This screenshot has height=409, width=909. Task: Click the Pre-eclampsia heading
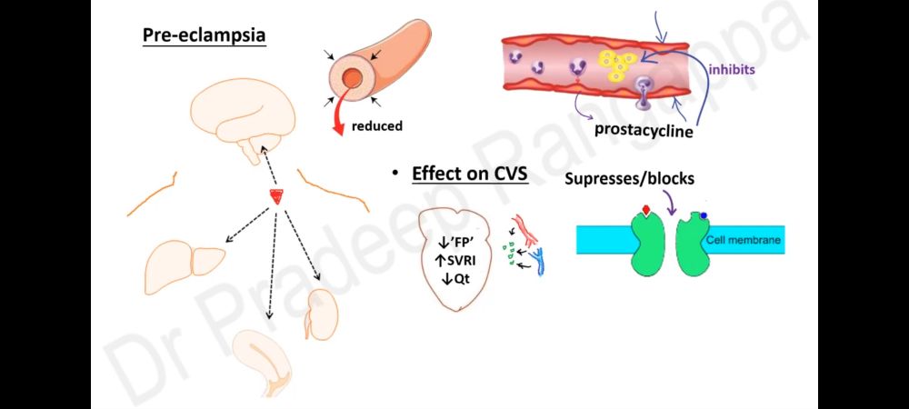point(204,37)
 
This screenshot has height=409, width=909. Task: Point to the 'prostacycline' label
point(644,130)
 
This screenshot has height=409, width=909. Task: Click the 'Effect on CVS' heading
point(469,174)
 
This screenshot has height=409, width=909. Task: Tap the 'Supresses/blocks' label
point(629,179)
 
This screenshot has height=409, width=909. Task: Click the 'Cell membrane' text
point(744,241)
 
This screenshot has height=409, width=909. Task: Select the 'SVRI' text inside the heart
point(463,262)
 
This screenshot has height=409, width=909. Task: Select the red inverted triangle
point(275,197)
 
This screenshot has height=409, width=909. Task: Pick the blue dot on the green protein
point(704,215)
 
